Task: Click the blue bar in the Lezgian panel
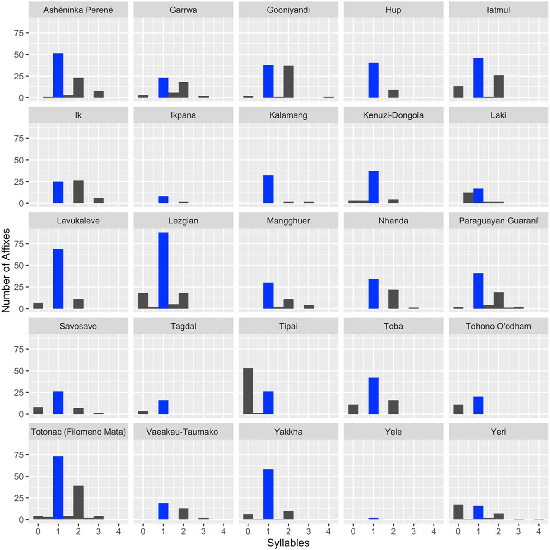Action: pyautogui.click(x=163, y=271)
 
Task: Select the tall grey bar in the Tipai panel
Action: pyautogui.click(x=248, y=391)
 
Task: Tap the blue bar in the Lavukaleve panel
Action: pyautogui.click(x=58, y=279)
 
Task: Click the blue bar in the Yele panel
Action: pyautogui.click(x=374, y=519)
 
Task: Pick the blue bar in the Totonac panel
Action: pyautogui.click(x=58, y=488)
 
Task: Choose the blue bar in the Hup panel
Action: pyautogui.click(x=374, y=80)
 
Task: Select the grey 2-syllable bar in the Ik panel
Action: pyautogui.click(x=79, y=192)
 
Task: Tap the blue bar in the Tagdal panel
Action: pyautogui.click(x=163, y=407)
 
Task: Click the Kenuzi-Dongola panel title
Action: pyautogui.click(x=393, y=115)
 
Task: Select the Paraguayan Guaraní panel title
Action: pyautogui.click(x=498, y=221)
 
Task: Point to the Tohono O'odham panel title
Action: pyautogui.click(x=498, y=327)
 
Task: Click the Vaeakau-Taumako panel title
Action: pyautogui.click(x=182, y=432)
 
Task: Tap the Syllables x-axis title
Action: pyautogui.click(x=288, y=543)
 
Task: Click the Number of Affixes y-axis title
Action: pyautogui.click(x=6, y=270)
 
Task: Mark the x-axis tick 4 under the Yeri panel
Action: pyautogui.click(x=538, y=531)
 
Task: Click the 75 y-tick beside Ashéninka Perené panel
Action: pyautogui.click(x=19, y=33)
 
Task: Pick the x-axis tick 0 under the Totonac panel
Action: pyautogui.click(x=38, y=531)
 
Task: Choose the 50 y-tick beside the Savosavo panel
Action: pyautogui.click(x=19, y=371)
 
